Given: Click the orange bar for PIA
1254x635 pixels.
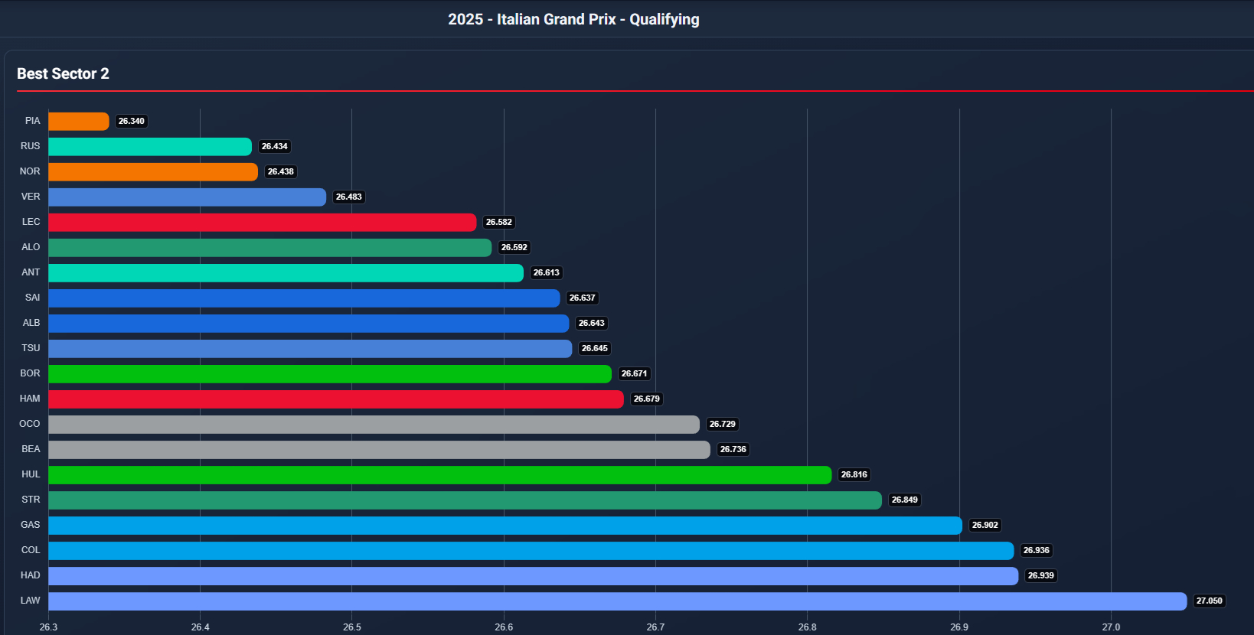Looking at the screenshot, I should (x=79, y=121).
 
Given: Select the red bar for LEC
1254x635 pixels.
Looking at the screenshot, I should (x=262, y=222).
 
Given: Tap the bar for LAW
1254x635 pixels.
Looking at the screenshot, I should (x=617, y=601).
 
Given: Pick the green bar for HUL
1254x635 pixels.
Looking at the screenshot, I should (x=439, y=475).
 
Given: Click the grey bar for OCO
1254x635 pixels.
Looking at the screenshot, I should (x=374, y=425).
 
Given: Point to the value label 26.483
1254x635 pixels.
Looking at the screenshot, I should (x=349, y=197).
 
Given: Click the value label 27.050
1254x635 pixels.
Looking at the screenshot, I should (x=1209, y=601).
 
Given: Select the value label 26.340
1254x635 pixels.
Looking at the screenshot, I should (x=132, y=122).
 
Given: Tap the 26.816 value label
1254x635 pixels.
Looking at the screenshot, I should (x=854, y=475).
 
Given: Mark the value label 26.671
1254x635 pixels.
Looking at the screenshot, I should (x=634, y=374).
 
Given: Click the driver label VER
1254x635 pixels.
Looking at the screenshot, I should (x=31, y=197).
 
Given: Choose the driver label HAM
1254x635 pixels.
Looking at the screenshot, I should (x=30, y=399).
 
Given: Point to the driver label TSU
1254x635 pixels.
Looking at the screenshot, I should (x=31, y=348).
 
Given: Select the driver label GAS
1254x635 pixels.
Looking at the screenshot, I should (x=31, y=525).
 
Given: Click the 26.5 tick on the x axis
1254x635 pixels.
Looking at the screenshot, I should (x=352, y=627).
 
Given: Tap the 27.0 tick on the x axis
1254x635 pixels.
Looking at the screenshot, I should (x=1111, y=627).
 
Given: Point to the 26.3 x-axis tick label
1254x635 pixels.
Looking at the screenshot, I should (x=48, y=627).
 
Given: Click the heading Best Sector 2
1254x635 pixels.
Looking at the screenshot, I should (x=63, y=73).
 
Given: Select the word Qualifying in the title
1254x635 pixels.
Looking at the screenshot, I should (x=664, y=19).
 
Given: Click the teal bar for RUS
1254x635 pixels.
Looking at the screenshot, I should (x=150, y=147).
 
